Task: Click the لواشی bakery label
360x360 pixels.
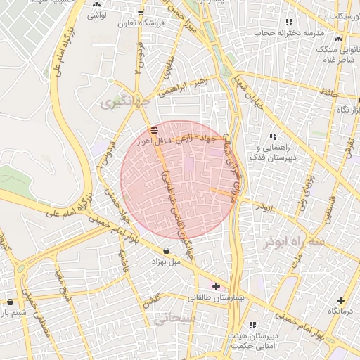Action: pyautogui.click(x=97, y=13)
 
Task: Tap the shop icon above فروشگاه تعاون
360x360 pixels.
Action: pyautogui.click(x=141, y=13)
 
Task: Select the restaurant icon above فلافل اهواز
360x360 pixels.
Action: pyautogui.click(x=154, y=129)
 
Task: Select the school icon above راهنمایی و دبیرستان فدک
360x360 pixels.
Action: pyautogui.click(x=273, y=137)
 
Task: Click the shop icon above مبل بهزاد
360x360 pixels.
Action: pyautogui.click(x=166, y=250)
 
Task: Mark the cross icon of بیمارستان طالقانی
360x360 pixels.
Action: pyautogui.click(x=216, y=286)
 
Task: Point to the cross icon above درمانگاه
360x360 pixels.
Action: pyautogui.click(x=341, y=300)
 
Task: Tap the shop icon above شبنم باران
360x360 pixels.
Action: pyautogui.click(x=9, y=302)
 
